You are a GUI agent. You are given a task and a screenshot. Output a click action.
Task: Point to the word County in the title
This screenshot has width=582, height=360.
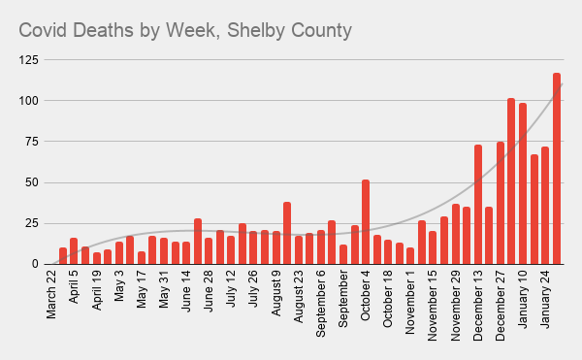pyautogui.click(x=319, y=31)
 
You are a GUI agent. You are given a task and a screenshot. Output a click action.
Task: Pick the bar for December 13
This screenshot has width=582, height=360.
pyautogui.click(x=478, y=205)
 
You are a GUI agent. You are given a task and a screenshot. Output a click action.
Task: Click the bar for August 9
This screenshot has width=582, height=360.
pyautogui.click(x=287, y=233)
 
